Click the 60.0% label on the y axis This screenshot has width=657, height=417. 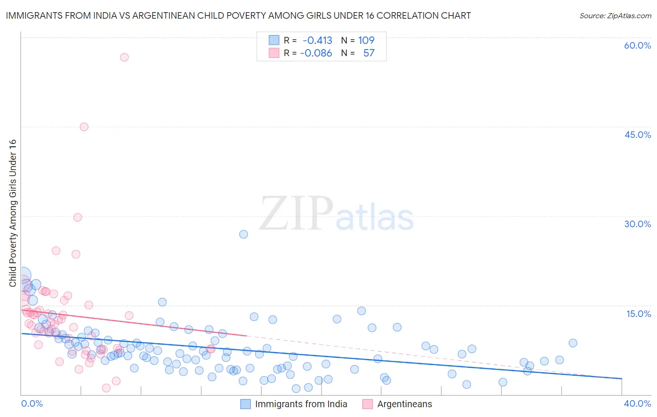(x=637, y=45)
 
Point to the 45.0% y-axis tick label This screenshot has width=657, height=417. (x=637, y=135)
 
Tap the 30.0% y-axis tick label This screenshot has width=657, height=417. (x=637, y=224)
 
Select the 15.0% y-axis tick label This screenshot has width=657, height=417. (x=638, y=314)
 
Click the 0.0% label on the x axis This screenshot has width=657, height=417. (x=32, y=403)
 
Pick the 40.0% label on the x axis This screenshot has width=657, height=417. (x=637, y=403)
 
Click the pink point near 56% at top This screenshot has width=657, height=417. (x=124, y=57)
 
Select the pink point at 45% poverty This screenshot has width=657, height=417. (x=84, y=127)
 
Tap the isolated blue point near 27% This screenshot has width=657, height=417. (x=243, y=234)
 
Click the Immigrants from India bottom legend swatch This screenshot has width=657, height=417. (x=246, y=404)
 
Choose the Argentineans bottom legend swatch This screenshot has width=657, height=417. (x=368, y=404)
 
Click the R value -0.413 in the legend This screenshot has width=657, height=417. (x=317, y=40)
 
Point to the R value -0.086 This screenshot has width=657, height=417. (x=316, y=53)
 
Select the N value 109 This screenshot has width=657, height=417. (x=366, y=40)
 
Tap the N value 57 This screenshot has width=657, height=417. (x=369, y=53)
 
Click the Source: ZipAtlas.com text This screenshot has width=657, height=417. (x=615, y=15)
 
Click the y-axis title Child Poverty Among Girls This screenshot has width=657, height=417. (x=13, y=213)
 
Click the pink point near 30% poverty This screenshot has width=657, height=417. (x=78, y=217)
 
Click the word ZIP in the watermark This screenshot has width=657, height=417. (x=296, y=214)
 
